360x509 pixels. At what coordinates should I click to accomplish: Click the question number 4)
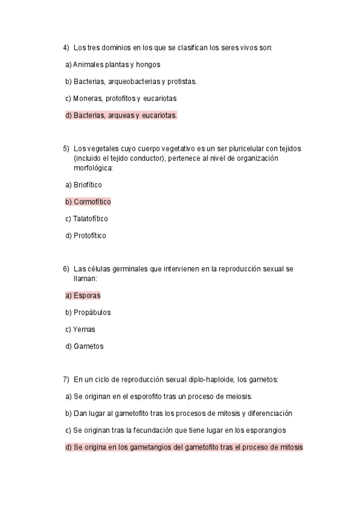pos(66,47)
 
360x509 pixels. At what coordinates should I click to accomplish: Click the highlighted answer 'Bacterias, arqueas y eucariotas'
pos(125,115)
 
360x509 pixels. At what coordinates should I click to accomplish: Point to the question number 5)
pos(66,148)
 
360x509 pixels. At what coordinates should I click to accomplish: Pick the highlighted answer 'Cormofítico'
pos(92,202)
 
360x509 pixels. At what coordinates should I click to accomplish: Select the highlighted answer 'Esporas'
pos(87,295)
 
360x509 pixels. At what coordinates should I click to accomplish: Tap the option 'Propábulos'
pos(92,313)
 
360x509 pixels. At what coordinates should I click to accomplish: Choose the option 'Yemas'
pos(84,330)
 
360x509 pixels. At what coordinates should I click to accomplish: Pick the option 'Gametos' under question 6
pos(88,346)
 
